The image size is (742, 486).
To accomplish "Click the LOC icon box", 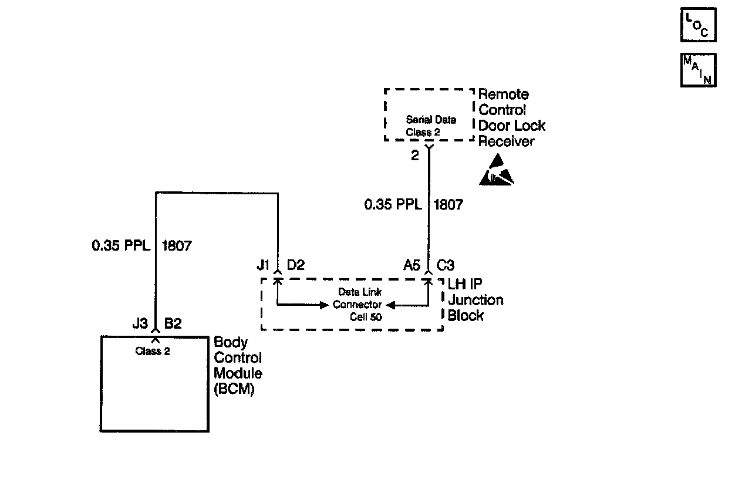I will click(698, 25).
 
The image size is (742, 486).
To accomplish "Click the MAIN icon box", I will click(698, 70).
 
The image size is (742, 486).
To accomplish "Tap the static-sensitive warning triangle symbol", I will click(496, 170).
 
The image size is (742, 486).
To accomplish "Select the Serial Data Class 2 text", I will click(431, 126).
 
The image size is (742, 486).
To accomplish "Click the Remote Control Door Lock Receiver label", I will click(511, 118).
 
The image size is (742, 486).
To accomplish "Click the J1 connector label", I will click(263, 265).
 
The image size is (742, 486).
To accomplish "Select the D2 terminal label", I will click(296, 265).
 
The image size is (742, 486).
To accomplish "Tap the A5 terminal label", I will click(412, 265).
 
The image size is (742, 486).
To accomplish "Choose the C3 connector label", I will click(446, 265).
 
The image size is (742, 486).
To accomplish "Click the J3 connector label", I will click(140, 323).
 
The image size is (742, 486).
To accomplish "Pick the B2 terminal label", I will click(173, 323).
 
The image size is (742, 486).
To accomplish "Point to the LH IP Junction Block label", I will click(475, 300).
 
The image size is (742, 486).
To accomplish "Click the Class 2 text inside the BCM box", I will click(153, 352).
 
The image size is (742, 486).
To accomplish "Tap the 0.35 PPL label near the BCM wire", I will click(121, 245).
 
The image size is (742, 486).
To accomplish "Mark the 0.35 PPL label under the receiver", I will click(393, 204).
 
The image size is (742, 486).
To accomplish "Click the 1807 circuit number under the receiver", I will click(448, 204).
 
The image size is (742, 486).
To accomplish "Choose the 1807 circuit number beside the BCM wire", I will click(176, 245).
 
